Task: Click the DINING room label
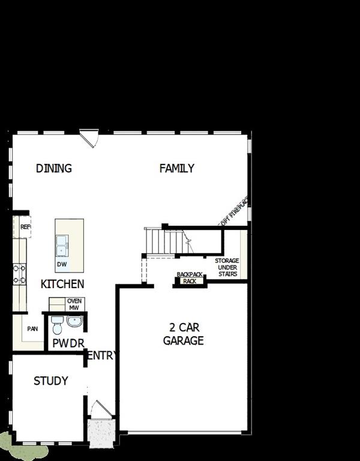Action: click(x=53, y=168)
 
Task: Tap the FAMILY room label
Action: click(x=176, y=168)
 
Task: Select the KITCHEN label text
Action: click(x=62, y=284)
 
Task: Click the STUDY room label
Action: click(x=50, y=381)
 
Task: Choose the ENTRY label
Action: click(x=101, y=355)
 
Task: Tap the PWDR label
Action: click(x=68, y=343)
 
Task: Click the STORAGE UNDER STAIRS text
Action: click(x=227, y=267)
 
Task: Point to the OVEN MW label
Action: click(x=74, y=304)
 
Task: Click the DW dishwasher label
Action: click(x=61, y=264)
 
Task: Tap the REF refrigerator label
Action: click(x=25, y=227)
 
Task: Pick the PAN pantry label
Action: click(x=32, y=329)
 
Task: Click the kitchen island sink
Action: click(x=61, y=245)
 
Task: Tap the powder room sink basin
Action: click(x=74, y=322)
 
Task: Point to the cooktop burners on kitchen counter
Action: click(x=19, y=274)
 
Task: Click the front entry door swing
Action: click(x=99, y=409)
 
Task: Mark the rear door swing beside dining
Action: click(x=89, y=139)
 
